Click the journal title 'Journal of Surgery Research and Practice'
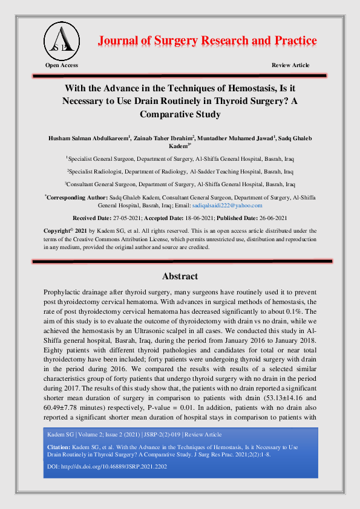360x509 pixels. point(207,41)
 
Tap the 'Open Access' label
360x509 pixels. point(61,65)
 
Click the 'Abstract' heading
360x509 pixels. point(180,276)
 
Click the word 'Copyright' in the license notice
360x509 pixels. point(61,231)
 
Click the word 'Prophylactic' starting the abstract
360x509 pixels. point(65,292)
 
